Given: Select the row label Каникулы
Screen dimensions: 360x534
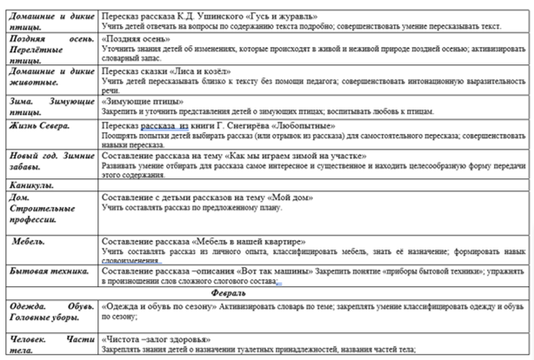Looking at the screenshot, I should (x=31, y=185).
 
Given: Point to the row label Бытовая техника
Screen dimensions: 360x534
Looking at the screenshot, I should (x=48, y=272).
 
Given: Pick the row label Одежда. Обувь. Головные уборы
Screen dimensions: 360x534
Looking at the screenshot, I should (x=48, y=313).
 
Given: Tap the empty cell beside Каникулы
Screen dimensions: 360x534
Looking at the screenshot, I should (x=313, y=185).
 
